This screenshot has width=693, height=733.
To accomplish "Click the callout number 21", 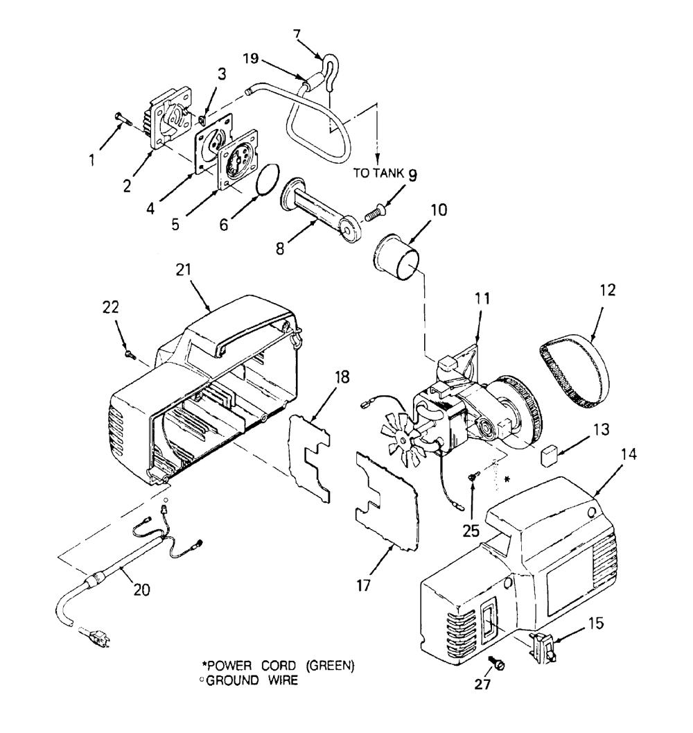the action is pos(184,270).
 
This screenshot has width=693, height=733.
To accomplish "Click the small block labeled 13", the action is pos(550,456).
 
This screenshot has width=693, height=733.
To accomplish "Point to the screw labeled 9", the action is pos(374,212).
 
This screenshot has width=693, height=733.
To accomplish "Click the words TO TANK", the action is pos(378,173).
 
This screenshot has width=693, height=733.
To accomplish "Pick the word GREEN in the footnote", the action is pos(329,665).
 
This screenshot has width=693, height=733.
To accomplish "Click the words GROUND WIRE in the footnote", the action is pos(252,680).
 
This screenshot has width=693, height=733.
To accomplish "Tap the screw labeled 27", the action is pos(497,663).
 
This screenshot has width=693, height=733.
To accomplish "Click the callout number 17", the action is pos(364,585).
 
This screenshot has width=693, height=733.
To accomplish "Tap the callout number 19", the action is pos(250,58).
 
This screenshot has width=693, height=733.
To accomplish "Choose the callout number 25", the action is pos(471,531).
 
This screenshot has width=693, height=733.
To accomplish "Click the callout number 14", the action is pos(629,454).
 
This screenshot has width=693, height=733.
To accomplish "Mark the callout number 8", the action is pos(280,248).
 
